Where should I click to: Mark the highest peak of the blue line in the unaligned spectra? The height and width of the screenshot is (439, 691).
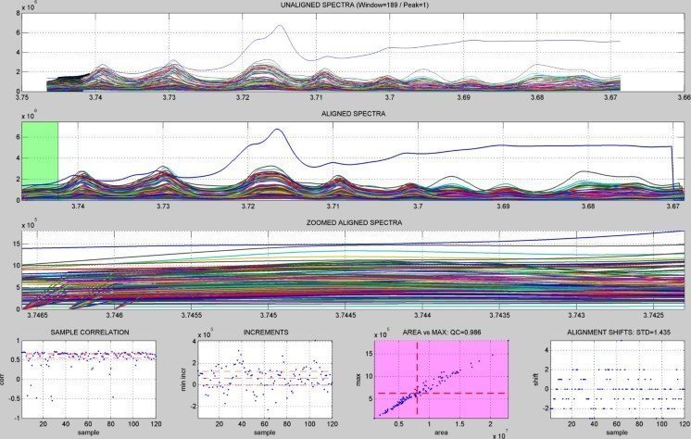pyautogui.click(x=279, y=27)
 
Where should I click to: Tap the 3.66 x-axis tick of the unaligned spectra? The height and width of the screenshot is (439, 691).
pyautogui.click(x=683, y=96)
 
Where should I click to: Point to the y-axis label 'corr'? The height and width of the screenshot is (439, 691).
pyautogui.click(x=7, y=379)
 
